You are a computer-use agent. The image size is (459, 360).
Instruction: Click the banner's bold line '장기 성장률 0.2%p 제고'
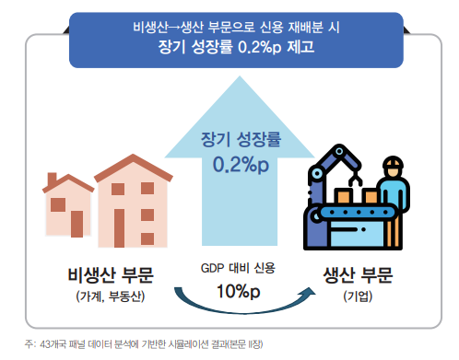coord(236,45)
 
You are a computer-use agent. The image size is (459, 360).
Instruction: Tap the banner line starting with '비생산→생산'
coord(236,25)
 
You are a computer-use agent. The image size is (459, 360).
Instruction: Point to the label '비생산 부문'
coord(111,274)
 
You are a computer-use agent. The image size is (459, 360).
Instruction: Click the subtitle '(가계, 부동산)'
coord(111,296)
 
